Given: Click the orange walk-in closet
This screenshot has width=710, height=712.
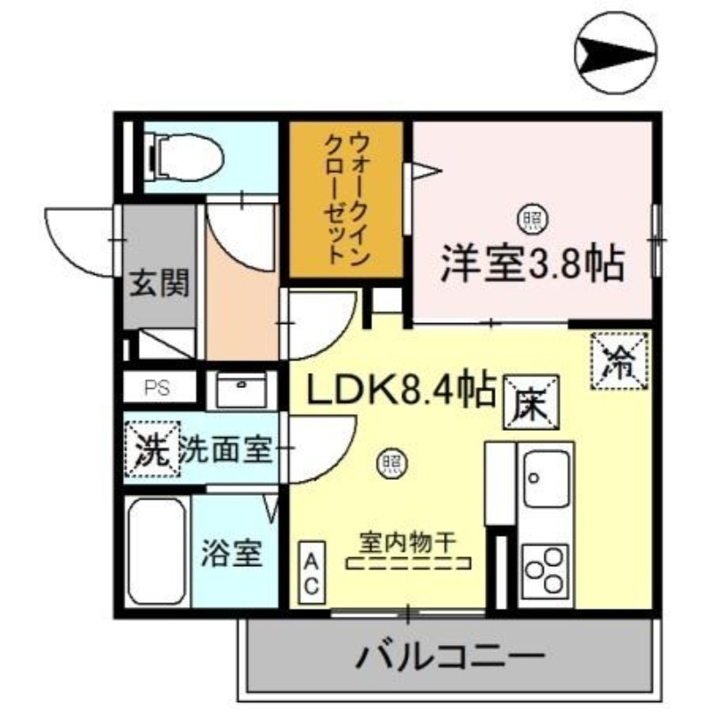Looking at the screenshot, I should click(x=346, y=199).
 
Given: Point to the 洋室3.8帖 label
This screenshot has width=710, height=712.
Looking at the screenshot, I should click(x=531, y=263).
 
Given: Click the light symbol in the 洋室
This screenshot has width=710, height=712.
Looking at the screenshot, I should click(x=532, y=216).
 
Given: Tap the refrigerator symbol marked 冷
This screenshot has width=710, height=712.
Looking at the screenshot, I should click(x=619, y=361).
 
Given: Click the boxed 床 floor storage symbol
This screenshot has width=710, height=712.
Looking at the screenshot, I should click(x=533, y=400).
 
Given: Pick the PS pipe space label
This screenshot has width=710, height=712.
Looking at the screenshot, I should click(x=158, y=388).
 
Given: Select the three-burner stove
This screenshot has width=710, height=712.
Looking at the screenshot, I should click(x=545, y=570).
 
